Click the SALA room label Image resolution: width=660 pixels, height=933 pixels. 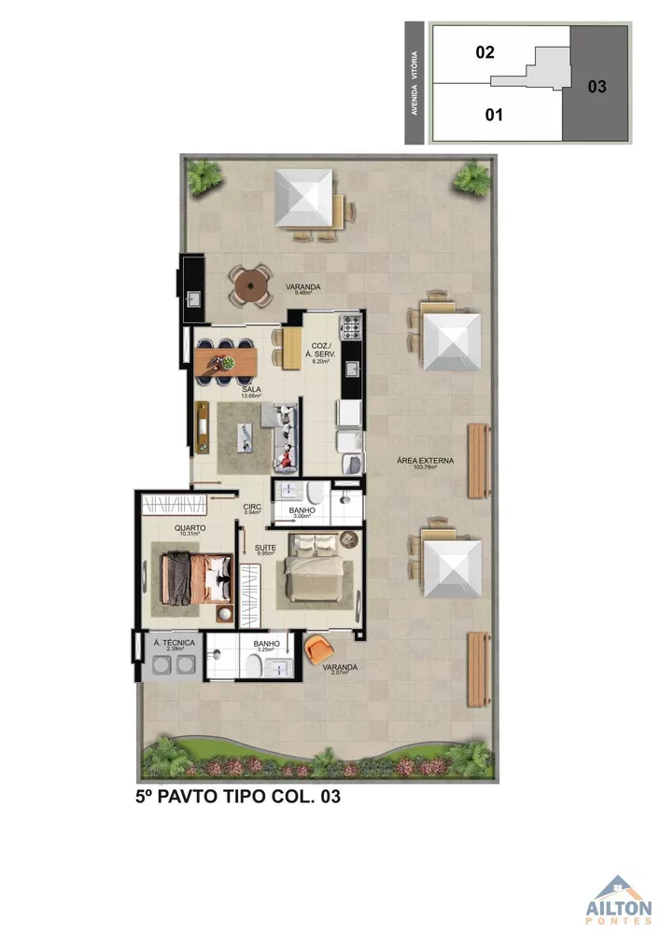pyautogui.click(x=250, y=389)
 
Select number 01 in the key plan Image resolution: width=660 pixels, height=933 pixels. pyautogui.click(x=495, y=115)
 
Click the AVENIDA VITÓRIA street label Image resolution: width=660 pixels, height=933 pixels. pyautogui.click(x=414, y=84)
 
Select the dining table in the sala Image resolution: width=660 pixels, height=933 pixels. pyautogui.click(x=225, y=357)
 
